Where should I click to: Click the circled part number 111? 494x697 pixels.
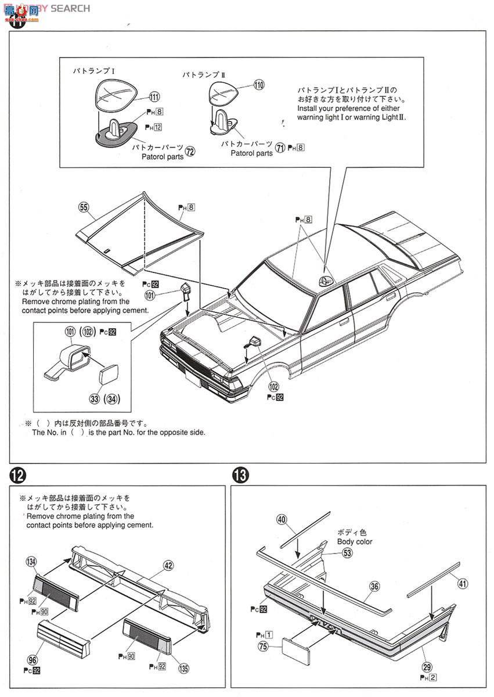(x=154, y=97)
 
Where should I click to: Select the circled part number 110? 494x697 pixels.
(x=258, y=85)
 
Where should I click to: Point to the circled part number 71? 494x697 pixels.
(x=280, y=148)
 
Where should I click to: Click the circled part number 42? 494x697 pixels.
(x=168, y=565)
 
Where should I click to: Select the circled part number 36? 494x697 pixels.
(x=374, y=587)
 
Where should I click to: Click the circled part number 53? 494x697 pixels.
(x=347, y=553)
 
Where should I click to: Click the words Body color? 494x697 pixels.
(x=355, y=541)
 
